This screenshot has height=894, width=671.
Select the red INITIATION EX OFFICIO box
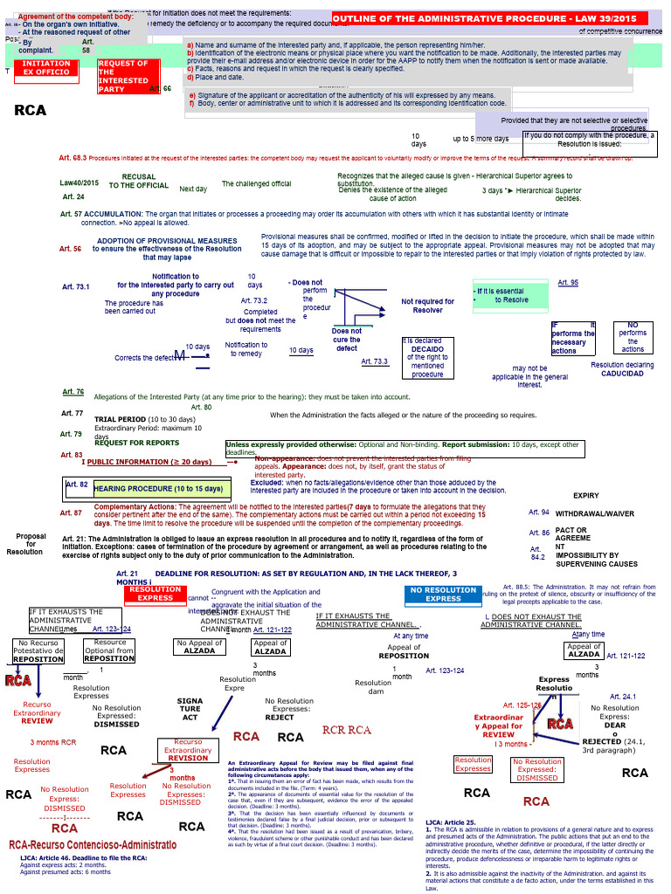click(x=47, y=68)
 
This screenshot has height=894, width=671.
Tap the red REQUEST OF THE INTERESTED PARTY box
click(x=123, y=76)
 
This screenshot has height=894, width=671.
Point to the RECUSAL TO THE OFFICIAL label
click(x=139, y=181)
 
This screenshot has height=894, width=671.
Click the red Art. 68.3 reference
click(x=73, y=158)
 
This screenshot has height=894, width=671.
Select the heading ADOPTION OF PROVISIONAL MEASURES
click(x=155, y=241)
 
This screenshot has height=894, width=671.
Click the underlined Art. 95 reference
click(x=568, y=283)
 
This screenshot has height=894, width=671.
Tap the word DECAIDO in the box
click(x=428, y=348)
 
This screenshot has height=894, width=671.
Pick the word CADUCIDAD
click(x=622, y=374)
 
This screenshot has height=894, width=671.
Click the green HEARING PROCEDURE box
click(x=159, y=489)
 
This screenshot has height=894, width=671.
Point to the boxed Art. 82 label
click(x=78, y=484)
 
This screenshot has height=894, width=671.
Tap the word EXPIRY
click(x=586, y=495)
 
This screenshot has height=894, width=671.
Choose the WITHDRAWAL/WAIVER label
click(x=595, y=513)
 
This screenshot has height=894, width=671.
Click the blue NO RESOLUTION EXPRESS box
click(x=443, y=595)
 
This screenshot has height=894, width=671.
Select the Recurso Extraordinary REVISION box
click(x=188, y=750)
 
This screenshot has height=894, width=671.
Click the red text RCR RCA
click(x=347, y=730)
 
